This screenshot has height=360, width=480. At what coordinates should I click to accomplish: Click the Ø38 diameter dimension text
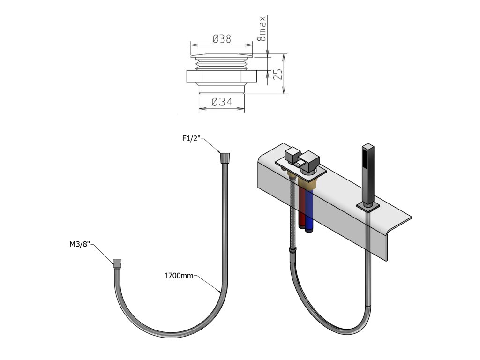tap(221, 40)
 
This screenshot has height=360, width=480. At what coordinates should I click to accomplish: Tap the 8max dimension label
tap(262, 29)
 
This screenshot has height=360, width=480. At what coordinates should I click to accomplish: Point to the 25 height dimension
tap(277, 74)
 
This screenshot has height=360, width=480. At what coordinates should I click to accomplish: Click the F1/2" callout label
tap(191, 138)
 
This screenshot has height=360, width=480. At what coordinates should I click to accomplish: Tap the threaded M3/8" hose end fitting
tap(119, 262)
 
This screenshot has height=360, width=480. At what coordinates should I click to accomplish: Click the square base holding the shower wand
tap(367, 205)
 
